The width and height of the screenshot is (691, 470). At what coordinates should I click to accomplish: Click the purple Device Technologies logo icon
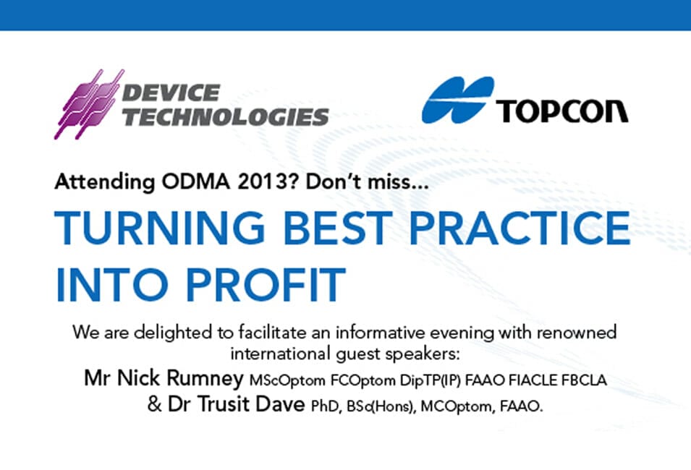click(x=89, y=104)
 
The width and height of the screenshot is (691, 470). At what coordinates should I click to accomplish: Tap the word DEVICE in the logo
click(x=171, y=93)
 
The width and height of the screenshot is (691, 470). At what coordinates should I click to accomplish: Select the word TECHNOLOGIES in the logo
click(x=225, y=116)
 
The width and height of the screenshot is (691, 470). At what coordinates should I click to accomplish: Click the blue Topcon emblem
click(x=458, y=100)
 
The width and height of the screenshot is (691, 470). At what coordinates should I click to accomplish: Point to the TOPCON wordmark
click(x=562, y=111)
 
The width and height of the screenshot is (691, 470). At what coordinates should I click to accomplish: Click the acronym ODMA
click(x=195, y=181)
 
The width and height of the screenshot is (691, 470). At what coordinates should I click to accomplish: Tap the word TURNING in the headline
click(x=159, y=228)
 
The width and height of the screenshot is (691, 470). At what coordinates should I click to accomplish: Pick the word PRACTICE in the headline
click(x=520, y=228)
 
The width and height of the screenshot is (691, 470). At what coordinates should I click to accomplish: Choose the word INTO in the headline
click(x=111, y=284)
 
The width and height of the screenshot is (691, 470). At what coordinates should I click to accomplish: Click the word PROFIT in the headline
click(x=266, y=284)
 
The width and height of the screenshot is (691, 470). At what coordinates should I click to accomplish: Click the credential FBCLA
click(x=584, y=380)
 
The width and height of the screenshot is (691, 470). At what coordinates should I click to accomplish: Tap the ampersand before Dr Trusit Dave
click(x=155, y=404)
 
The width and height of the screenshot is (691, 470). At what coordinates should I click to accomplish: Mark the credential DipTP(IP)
click(x=431, y=380)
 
